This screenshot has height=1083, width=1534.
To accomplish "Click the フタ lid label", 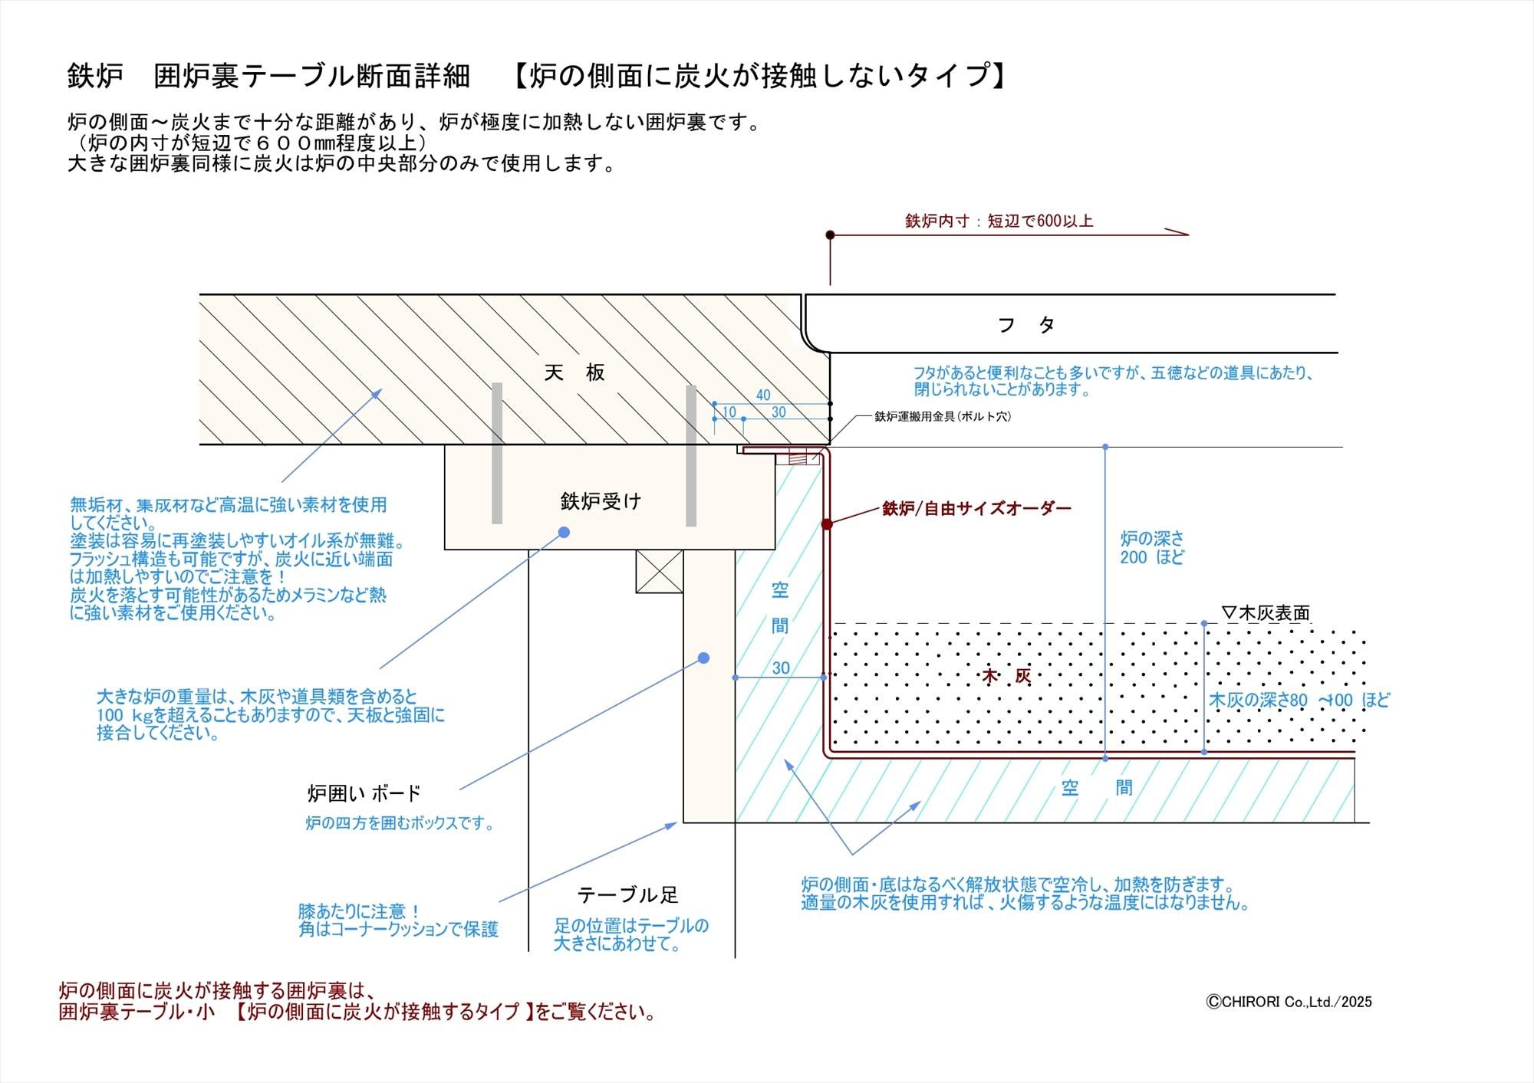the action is (1026, 325).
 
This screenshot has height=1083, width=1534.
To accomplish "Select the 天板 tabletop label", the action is (574, 372).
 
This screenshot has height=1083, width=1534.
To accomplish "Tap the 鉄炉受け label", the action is (601, 501).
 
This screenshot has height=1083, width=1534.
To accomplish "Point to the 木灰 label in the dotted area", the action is (1006, 676).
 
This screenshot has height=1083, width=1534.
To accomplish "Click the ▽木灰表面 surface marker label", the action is (1266, 613).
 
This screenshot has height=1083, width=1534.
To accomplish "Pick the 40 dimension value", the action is (763, 395).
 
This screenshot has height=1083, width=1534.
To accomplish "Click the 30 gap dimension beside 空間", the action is (781, 668).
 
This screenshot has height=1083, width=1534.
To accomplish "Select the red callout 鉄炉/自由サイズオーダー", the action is (976, 508).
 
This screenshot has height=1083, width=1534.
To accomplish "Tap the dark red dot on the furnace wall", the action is (827, 524).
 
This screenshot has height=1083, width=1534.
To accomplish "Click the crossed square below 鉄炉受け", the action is (659, 571).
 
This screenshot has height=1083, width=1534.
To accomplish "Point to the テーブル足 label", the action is (627, 894).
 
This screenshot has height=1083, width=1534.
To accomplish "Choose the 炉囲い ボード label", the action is (364, 793).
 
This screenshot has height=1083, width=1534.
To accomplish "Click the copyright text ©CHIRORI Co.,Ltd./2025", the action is (1289, 1002).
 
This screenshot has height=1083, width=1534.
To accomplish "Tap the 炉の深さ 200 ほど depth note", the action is (1151, 548).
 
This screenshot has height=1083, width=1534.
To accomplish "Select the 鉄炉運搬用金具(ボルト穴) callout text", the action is (943, 417).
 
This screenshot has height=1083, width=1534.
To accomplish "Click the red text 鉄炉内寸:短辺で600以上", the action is (999, 222).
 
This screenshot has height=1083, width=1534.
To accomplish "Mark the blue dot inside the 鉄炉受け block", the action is (564, 532).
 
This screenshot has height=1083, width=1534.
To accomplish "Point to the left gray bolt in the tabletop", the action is (497, 454).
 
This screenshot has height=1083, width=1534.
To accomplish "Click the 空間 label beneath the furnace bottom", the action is (1097, 788).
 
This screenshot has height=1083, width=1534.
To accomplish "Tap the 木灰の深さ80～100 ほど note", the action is (1299, 700).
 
